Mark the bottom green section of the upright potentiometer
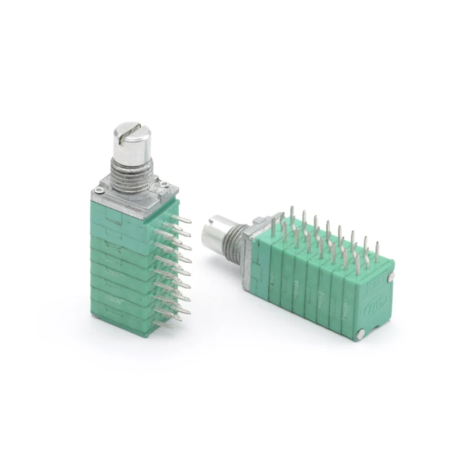pyautogui.click(x=121, y=321)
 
